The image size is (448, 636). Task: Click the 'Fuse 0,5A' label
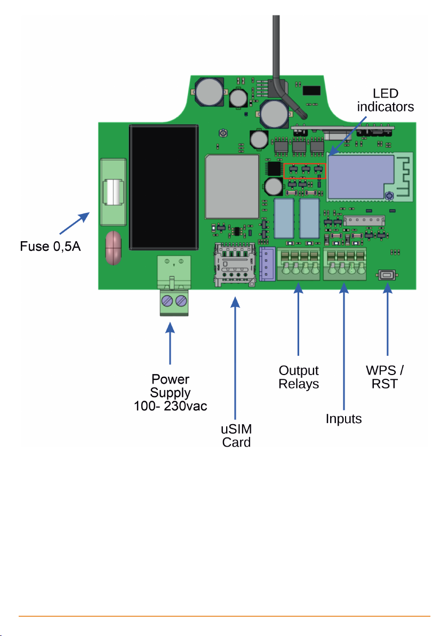click(51, 247)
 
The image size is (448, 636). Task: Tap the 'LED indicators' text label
click(385, 100)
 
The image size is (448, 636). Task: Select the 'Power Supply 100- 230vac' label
click(170, 392)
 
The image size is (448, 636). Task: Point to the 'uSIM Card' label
click(236, 435)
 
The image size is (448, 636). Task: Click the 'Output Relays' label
click(299, 377)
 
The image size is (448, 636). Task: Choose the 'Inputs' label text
click(344, 419)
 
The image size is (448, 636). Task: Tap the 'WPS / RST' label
click(385, 377)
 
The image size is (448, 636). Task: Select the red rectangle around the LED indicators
click(305, 170)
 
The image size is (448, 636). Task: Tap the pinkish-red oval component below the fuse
click(113, 248)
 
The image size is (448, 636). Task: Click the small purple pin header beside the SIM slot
click(266, 264)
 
